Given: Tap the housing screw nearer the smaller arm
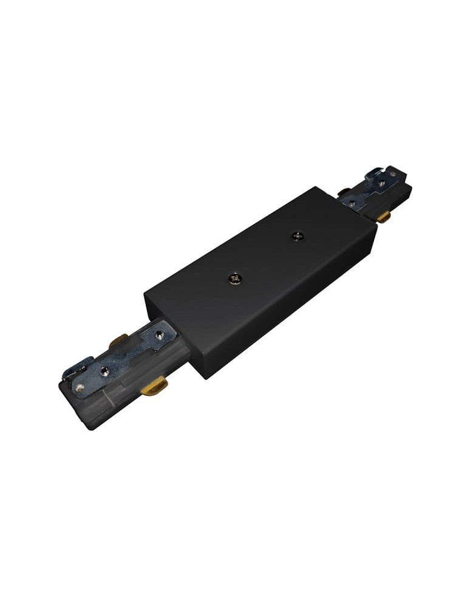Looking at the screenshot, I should pos(297,235).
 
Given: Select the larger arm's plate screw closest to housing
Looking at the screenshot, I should pos(160,333).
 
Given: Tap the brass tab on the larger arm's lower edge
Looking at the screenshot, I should pos(154,386).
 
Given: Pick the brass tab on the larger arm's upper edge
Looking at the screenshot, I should pos(118,342).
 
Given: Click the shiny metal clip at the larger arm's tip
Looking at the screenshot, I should pos(78,368).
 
